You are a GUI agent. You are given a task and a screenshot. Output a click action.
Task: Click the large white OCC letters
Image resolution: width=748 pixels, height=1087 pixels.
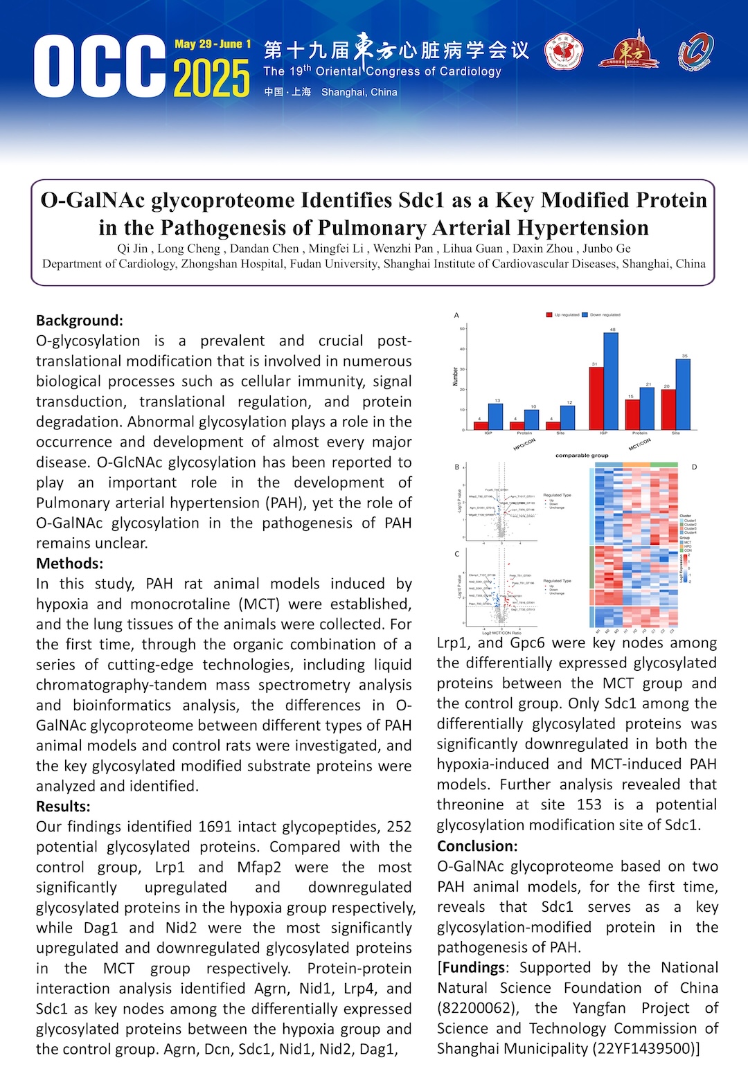coord(100,67)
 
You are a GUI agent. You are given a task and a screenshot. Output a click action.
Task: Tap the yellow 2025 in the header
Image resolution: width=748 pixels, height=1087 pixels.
coord(212,78)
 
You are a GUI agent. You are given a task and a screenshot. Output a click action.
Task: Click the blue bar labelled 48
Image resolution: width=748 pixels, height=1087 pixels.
coord(611,381)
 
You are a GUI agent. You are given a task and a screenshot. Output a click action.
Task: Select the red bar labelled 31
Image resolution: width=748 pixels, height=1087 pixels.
coord(596,398)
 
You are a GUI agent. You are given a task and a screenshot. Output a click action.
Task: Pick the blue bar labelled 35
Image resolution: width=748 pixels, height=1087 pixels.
coord(683,394)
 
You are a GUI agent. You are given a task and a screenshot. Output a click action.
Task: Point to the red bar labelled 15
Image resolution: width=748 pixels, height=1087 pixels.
coord(632,414)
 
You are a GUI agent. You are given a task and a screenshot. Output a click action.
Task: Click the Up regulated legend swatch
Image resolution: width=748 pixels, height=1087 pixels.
coord(549,315)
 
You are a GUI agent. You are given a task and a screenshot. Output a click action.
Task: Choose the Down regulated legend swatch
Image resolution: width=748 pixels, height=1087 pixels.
coord(585,315)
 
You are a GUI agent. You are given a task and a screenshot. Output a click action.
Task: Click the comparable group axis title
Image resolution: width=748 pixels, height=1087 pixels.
coord(582,456)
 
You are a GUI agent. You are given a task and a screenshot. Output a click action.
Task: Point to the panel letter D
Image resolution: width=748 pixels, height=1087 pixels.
coord(694,467)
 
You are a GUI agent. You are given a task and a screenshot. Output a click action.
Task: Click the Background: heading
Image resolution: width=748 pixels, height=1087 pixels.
coord(80,321)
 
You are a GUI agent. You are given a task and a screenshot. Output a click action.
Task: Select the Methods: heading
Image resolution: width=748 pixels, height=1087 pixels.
coord(69,564)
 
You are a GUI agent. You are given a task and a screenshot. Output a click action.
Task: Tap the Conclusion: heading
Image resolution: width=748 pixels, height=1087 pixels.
coord(477,846)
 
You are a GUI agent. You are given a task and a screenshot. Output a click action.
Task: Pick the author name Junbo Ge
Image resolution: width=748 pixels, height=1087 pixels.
coord(607,249)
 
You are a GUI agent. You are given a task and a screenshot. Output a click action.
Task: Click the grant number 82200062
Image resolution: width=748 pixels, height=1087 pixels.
coord(479,1008)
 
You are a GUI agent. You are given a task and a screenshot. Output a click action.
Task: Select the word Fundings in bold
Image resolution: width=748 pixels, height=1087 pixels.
coord(474,967)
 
